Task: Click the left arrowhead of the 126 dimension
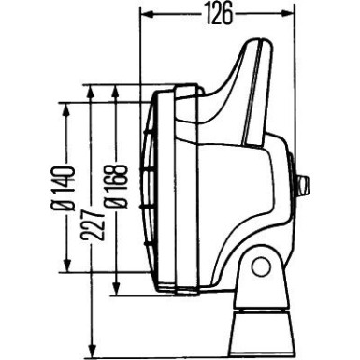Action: (x=145, y=12)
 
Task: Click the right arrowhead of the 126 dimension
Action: (x=293, y=12)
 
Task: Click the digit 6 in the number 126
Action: (x=227, y=12)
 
